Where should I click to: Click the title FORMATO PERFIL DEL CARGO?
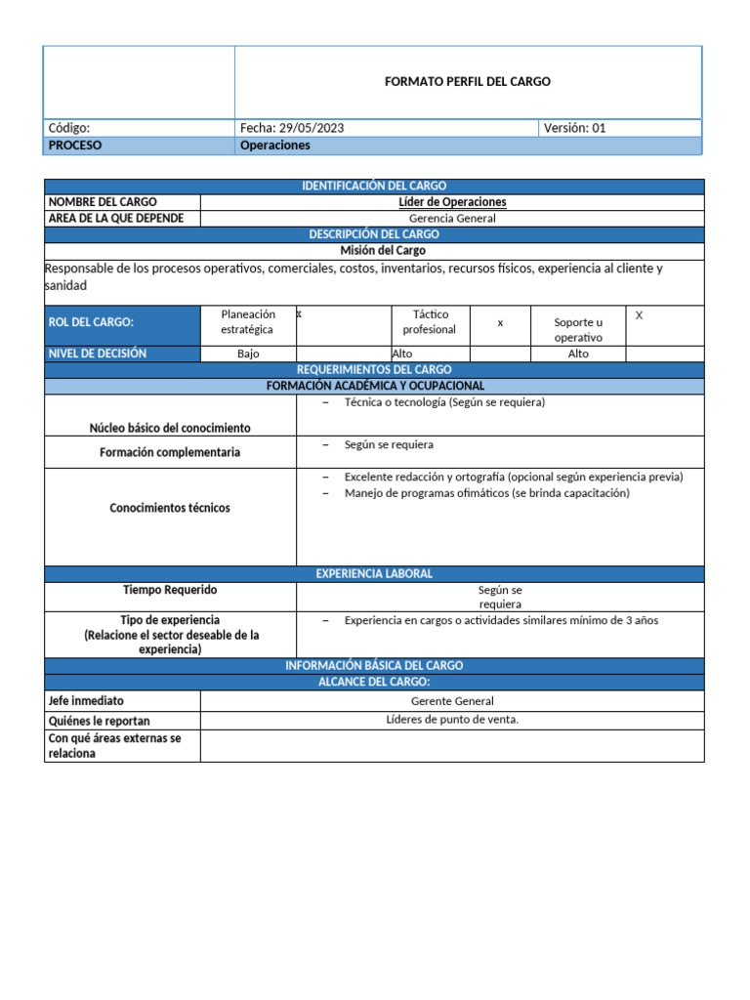[x=467, y=82]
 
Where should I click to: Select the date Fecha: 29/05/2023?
[x=292, y=128]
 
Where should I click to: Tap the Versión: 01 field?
[x=575, y=128]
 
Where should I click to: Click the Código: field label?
[x=68, y=128]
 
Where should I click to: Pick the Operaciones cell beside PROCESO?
[x=274, y=146]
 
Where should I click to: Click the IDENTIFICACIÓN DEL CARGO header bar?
[x=374, y=186]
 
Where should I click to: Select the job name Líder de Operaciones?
[x=452, y=202]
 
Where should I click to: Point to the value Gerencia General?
[x=452, y=218]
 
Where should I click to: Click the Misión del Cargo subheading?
[x=374, y=251]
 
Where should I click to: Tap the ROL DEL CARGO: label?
[x=91, y=322]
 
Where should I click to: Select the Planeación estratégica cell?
[x=248, y=322]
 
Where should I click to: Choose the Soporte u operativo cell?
[x=578, y=329]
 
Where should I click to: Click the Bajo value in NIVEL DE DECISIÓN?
[x=248, y=354]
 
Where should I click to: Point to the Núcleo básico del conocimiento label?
[x=170, y=428]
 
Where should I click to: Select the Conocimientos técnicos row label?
[x=170, y=508]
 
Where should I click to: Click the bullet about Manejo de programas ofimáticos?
[x=486, y=493]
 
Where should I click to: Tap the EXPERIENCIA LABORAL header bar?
[x=374, y=573]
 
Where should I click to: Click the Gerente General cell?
[x=452, y=701]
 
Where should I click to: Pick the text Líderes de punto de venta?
[x=452, y=720]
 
